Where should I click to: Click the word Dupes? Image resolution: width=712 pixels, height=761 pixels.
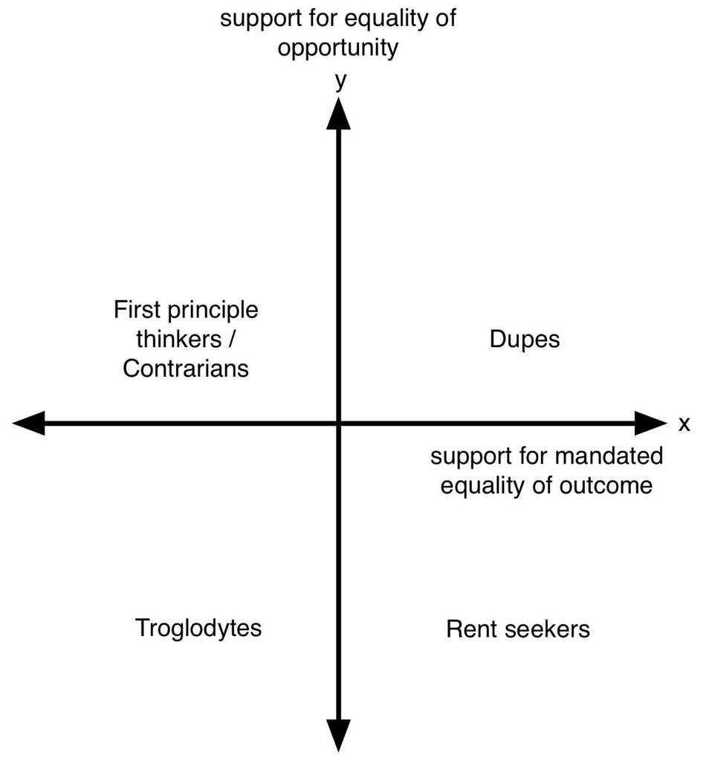(524, 340)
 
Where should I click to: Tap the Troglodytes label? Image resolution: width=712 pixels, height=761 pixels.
(198, 628)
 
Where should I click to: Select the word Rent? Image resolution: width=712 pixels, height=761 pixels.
(468, 629)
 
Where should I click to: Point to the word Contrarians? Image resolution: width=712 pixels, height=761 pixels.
(186, 369)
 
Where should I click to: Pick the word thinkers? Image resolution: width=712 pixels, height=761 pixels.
(179, 339)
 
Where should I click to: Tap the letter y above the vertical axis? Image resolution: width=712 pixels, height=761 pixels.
(340, 80)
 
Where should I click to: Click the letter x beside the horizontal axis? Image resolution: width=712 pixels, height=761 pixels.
(685, 424)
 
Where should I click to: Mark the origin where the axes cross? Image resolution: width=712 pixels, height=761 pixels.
(339, 424)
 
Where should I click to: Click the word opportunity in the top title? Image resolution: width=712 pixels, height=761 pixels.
(338, 48)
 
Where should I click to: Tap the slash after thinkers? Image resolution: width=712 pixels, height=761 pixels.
(232, 339)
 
